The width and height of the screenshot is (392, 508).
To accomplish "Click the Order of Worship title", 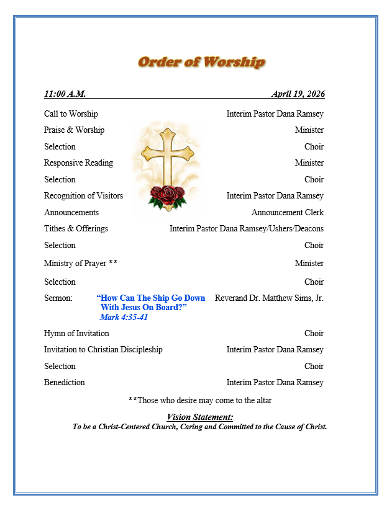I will (x=201, y=62).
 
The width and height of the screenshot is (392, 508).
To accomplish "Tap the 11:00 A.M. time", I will (x=65, y=94).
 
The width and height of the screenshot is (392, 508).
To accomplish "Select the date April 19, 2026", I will (x=298, y=94).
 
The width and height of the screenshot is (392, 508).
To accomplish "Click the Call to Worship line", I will (x=71, y=114).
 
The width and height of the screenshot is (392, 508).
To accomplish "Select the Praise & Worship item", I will (x=74, y=130).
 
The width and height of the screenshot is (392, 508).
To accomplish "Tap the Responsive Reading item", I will (x=78, y=163).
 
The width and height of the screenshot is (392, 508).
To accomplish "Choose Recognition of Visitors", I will (x=83, y=196).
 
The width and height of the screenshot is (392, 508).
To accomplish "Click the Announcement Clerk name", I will (x=287, y=213).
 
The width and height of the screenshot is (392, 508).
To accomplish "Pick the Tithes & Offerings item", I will (x=76, y=229).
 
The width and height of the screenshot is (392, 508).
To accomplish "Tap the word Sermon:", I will (x=58, y=298).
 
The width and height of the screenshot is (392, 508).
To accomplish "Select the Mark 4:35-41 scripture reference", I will (x=124, y=318).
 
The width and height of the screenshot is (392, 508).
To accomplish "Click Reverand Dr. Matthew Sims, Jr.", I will (x=269, y=298).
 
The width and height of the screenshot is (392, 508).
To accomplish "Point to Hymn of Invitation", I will (x=76, y=334).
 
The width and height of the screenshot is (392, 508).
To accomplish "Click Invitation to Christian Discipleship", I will (x=103, y=350).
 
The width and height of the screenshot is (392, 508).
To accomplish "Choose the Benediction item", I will (x=65, y=383).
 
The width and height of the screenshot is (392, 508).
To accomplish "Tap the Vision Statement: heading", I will (x=199, y=417).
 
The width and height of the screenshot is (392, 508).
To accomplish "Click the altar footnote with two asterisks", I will (x=200, y=401).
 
